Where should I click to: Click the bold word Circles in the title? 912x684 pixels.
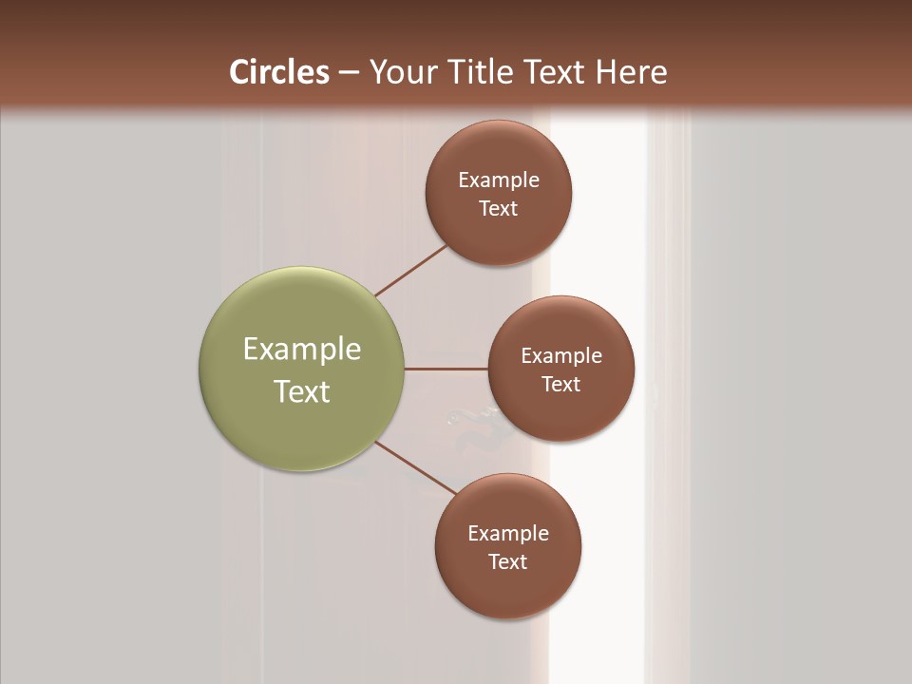point(278,72)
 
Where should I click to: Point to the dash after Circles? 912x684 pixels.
point(349,73)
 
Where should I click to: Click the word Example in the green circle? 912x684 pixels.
point(302,350)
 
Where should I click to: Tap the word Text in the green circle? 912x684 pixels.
point(302,391)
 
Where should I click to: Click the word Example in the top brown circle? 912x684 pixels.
point(499,180)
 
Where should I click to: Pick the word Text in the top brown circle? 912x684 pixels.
point(499,208)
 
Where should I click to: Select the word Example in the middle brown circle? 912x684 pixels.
point(561,355)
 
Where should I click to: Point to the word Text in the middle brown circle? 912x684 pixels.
point(561,384)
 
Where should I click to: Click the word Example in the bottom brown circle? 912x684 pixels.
point(508,533)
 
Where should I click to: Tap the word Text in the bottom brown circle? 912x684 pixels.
point(508,561)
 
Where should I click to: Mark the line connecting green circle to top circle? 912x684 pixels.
point(411,270)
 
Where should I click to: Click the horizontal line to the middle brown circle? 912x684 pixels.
point(446,369)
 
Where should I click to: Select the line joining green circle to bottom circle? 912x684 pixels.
point(416,467)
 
